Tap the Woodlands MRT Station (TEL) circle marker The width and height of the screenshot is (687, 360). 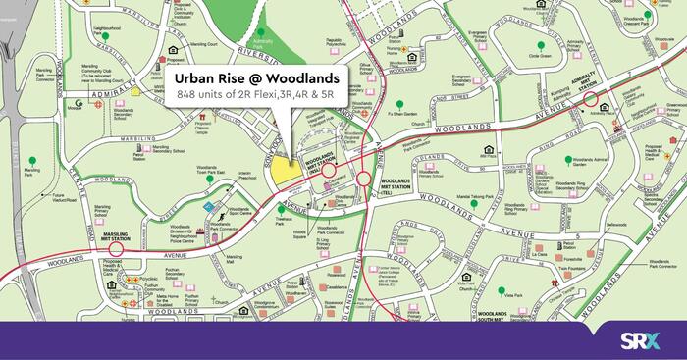tap(364, 180)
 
